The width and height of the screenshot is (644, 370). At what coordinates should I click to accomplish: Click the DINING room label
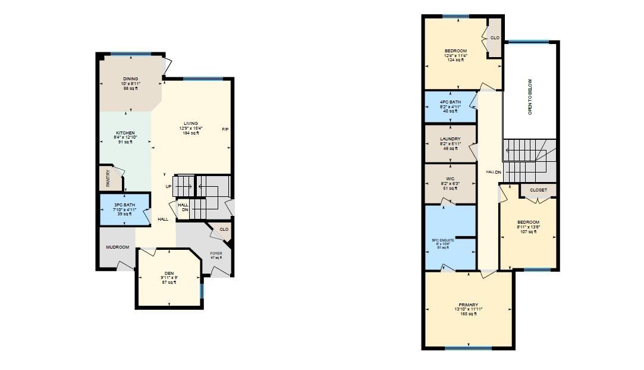point(130,79)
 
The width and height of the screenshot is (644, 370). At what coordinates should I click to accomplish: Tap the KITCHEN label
point(125,133)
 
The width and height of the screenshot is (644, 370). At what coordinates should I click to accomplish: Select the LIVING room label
point(190,124)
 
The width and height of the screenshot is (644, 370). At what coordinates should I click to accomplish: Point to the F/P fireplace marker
point(225,130)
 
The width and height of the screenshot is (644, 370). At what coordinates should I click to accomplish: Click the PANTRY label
point(108,179)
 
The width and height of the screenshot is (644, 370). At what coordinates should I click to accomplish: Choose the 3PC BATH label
point(125,205)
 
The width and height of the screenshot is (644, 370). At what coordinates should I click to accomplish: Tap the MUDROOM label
point(117,247)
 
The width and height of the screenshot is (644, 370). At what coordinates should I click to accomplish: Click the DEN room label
point(169,273)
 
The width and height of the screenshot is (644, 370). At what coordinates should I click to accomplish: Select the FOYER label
point(216,253)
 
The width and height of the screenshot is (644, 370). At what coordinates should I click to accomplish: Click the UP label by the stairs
point(169,187)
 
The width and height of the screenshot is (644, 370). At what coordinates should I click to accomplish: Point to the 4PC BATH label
point(450,102)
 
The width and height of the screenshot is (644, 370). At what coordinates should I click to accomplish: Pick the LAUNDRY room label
point(450,139)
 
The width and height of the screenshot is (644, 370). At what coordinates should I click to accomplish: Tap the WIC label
point(450,178)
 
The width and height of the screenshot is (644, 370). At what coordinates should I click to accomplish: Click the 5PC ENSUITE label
point(443,240)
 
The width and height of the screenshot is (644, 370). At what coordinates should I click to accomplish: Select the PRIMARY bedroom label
point(468,305)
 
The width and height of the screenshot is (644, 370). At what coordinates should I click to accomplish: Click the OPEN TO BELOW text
point(530,96)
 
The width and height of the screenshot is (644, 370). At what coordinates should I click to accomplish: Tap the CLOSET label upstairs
point(538,190)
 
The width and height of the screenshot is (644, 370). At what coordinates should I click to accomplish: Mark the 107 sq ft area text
point(528,232)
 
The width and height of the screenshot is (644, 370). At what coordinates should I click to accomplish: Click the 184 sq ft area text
point(190,133)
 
